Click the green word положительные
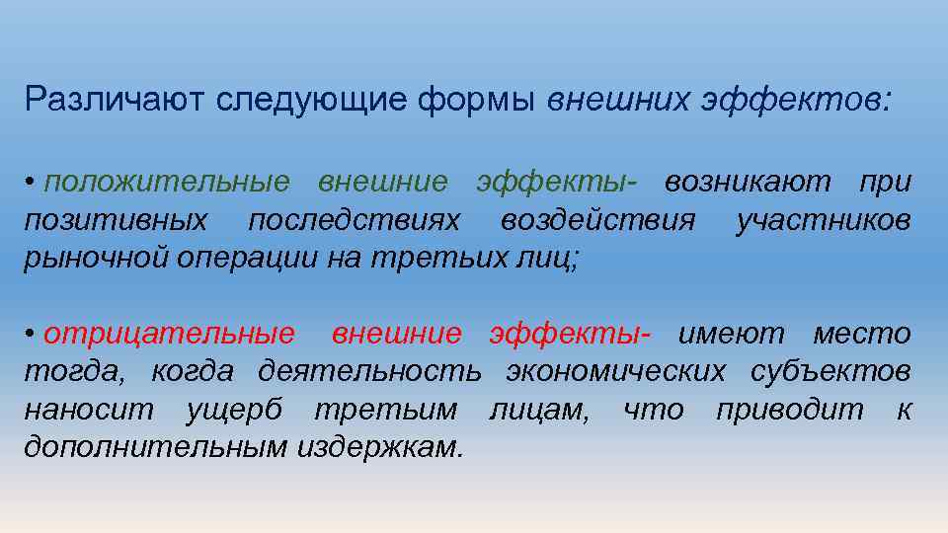pos(167,184)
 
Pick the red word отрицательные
pos(169,335)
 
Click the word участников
pos(824,220)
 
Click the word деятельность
pos(369,372)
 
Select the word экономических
pos(616,372)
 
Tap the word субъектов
pos(829,372)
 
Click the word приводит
pos(789,410)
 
